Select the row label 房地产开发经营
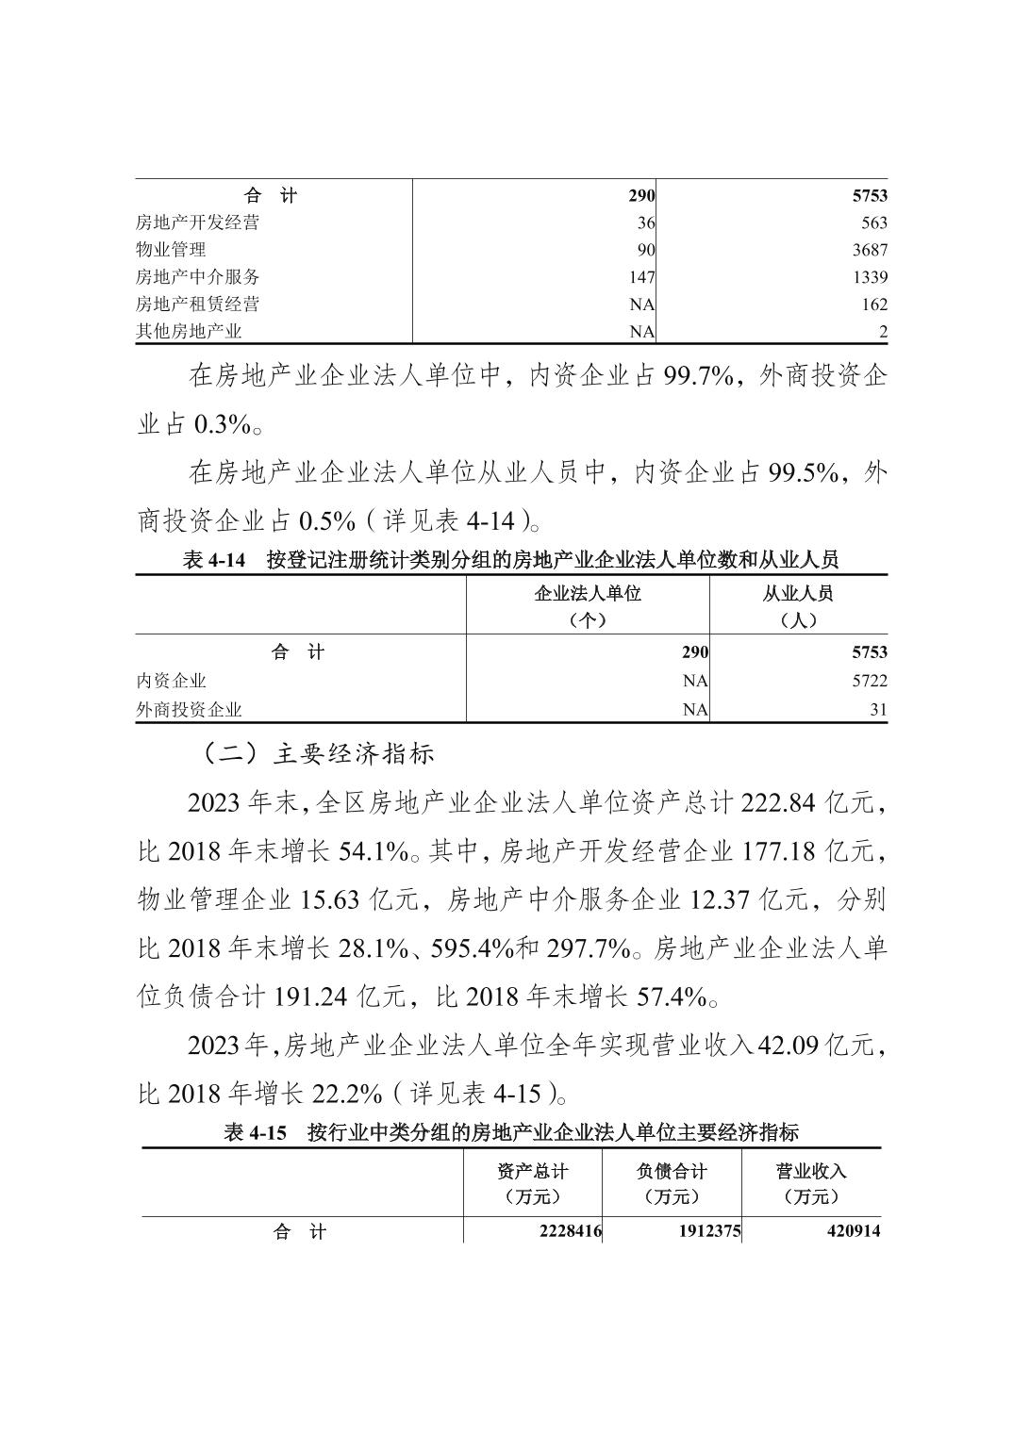point(197,222)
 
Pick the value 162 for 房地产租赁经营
point(873,305)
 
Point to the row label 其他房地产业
point(189,332)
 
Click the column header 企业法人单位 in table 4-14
point(587,594)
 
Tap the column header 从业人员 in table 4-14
point(798,594)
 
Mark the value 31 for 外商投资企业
point(878,710)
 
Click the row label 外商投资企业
point(189,710)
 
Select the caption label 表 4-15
point(255,1133)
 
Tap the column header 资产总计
point(533,1171)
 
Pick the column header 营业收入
point(811,1171)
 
